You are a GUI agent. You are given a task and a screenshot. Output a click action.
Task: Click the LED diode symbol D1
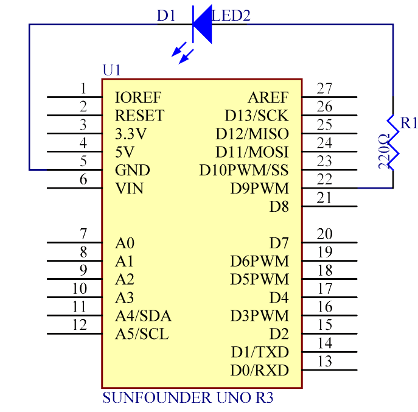point(201,24)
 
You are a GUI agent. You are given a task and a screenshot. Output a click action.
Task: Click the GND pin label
point(133,170)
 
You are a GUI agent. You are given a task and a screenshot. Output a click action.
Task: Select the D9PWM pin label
point(259,188)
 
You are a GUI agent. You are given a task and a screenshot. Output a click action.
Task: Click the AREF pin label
point(268,97)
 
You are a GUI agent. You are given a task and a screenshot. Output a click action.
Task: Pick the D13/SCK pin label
point(256,116)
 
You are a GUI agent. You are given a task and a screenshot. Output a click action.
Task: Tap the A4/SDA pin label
point(143,316)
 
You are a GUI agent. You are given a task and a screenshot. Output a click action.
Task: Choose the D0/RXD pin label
point(260,371)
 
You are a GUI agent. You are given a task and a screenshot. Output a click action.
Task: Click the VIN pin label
point(129,188)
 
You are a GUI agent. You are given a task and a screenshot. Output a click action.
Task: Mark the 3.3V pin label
point(131,133)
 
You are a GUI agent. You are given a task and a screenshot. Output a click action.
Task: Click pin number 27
point(325,88)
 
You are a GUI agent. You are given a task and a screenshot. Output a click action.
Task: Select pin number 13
point(325,361)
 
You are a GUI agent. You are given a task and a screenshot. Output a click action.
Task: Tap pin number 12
point(80,325)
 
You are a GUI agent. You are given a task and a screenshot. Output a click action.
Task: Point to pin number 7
point(83,234)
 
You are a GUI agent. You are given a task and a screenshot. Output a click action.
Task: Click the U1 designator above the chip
point(112,70)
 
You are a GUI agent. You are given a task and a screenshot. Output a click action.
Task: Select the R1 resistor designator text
point(409,124)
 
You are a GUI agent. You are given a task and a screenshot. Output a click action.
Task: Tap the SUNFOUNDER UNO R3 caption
point(188,399)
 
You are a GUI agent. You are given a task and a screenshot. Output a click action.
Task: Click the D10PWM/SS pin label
point(244,170)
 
